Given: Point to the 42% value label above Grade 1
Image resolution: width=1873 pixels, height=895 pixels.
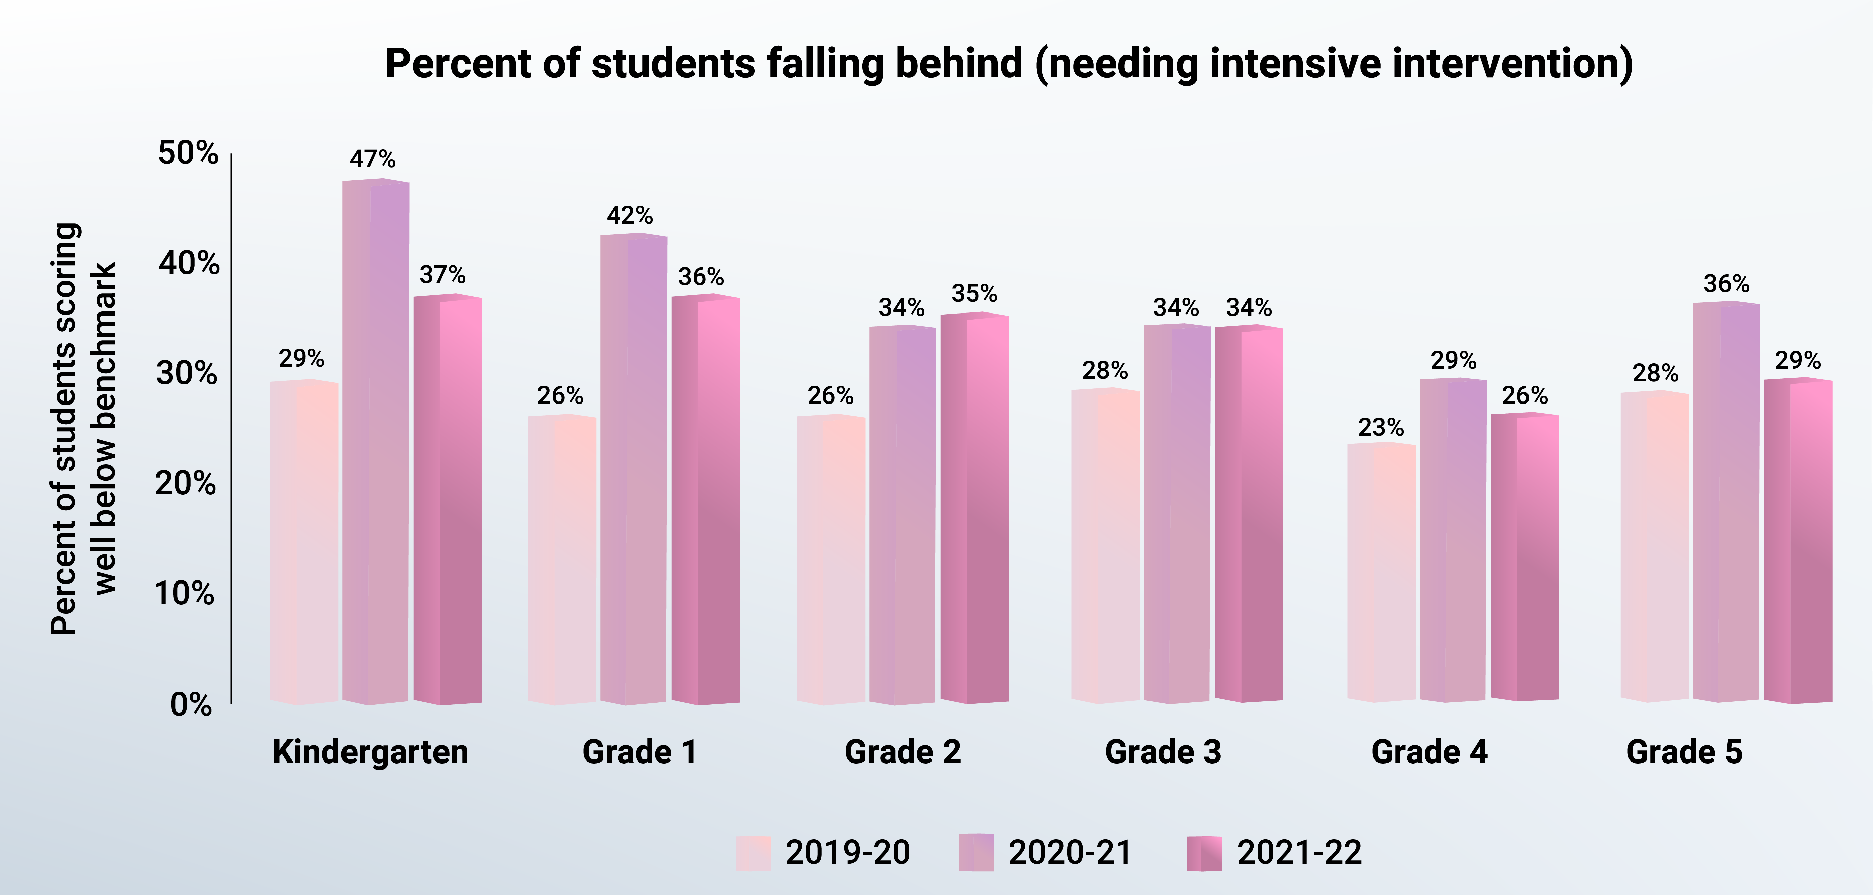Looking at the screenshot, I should (x=630, y=216).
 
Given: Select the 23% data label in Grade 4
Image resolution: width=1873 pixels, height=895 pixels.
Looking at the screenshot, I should (x=1381, y=428).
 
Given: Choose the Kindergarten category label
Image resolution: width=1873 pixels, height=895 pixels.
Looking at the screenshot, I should (x=370, y=752).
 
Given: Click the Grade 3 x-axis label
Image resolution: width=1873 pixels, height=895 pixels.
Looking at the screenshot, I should (x=1163, y=752).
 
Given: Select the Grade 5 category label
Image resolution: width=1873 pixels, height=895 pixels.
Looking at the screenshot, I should (x=1684, y=752).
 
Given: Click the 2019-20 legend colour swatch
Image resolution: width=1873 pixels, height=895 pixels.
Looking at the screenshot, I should (x=753, y=853).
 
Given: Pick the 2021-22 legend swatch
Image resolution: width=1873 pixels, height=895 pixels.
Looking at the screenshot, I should (x=1204, y=853).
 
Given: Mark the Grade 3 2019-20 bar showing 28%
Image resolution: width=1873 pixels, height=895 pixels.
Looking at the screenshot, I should (x=1105, y=545).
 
